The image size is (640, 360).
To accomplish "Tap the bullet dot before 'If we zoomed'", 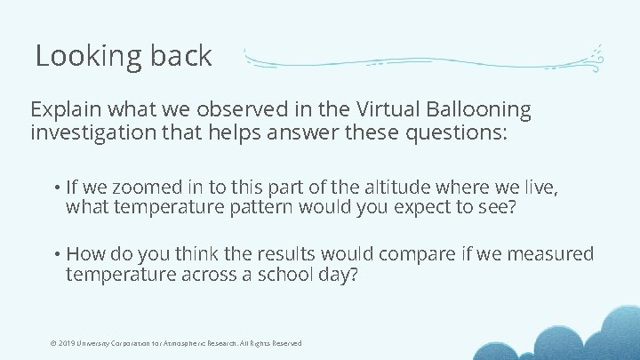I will pos(56,188).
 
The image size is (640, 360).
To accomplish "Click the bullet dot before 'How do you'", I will pos(56,255).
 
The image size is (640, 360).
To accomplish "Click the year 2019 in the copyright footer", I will pos(65,343).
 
